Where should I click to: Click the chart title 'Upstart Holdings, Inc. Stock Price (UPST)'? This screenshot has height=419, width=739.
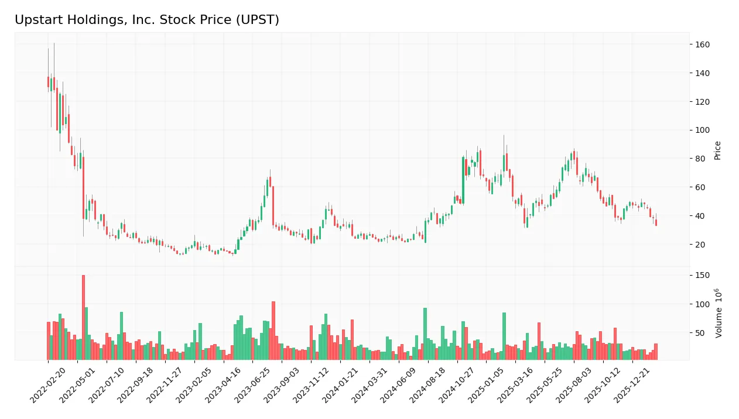point(147,20)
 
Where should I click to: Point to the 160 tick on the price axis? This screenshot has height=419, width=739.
point(702,44)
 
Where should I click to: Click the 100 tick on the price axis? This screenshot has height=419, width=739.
point(702,130)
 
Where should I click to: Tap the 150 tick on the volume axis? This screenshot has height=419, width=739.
point(702,275)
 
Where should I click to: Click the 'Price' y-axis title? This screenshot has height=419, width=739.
point(717,150)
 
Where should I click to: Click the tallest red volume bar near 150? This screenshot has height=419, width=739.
point(83,317)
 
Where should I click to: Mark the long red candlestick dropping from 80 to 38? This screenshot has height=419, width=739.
point(83,188)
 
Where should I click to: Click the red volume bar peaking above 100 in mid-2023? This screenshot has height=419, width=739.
point(273,331)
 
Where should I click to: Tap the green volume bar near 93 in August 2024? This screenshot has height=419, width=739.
point(425,334)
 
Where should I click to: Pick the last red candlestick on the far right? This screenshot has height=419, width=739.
point(656,222)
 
